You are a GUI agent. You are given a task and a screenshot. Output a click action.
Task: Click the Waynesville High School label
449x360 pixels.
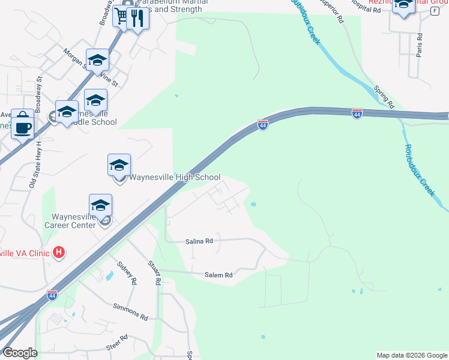click(176, 177)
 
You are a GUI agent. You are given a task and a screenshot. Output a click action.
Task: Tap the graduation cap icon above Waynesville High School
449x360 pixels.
click(119, 164)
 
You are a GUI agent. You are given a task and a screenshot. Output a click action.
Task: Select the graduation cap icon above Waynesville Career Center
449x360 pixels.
click(100, 205)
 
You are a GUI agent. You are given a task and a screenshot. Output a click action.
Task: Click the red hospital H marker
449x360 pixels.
click(58, 253)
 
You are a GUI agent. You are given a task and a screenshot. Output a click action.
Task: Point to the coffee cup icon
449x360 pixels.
click(23, 126)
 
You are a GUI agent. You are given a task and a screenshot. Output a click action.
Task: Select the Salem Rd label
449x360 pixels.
click(218, 275)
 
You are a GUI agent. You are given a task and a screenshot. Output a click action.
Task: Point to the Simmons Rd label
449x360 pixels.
click(130, 310)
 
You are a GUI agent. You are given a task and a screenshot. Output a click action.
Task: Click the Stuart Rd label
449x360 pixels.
click(154, 272)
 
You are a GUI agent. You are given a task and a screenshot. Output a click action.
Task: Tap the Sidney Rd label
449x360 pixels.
click(127, 273)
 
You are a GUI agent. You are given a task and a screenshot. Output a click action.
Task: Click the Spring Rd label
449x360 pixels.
click(383, 96)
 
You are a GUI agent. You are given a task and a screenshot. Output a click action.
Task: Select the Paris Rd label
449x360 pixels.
click(420, 46)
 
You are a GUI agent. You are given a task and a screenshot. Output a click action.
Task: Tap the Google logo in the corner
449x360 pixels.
click(20, 353)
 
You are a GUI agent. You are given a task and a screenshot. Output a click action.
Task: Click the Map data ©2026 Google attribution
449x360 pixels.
click(412, 355)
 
